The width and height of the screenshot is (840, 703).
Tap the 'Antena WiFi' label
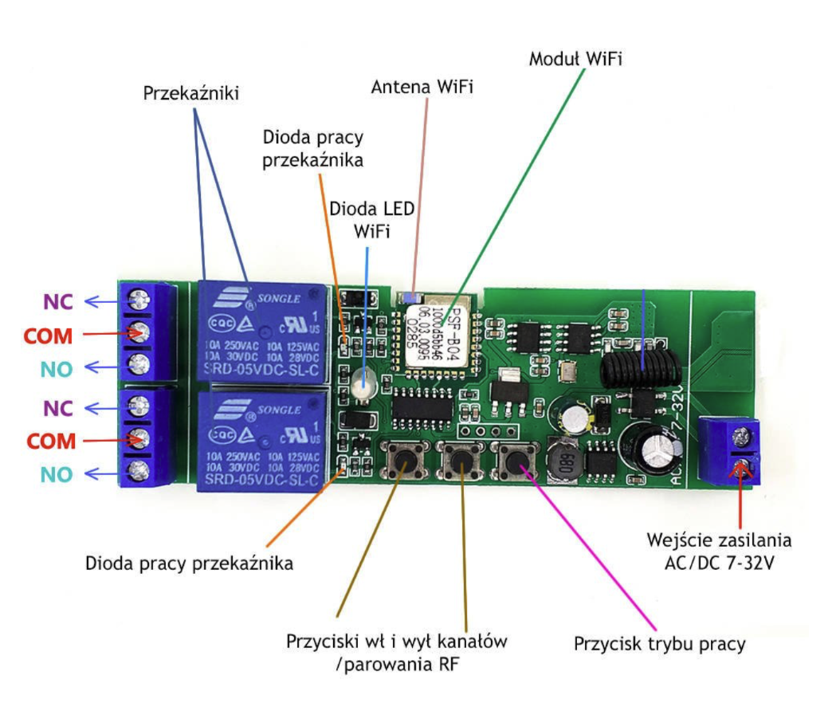coord(422,88)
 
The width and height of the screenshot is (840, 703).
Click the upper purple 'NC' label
coord(60,302)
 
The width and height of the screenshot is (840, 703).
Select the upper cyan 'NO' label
coord(60,368)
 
